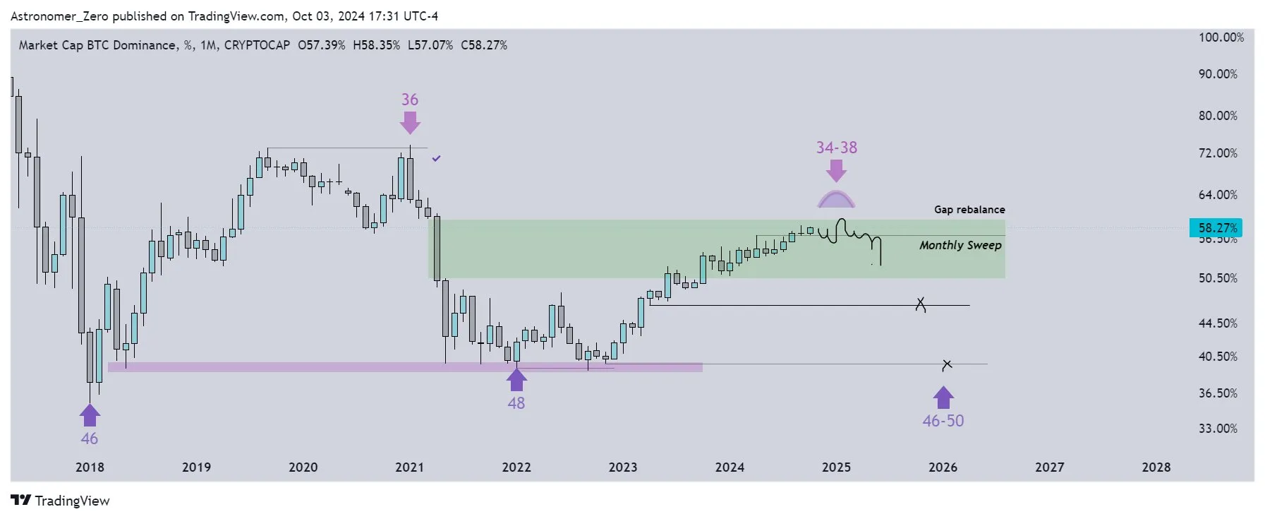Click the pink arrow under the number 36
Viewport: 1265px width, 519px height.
pyautogui.click(x=410, y=123)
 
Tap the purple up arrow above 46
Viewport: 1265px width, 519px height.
pyautogui.click(x=90, y=415)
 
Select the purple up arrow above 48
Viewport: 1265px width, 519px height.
pyautogui.click(x=516, y=380)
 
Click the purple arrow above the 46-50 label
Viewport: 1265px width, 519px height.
pyautogui.click(x=943, y=398)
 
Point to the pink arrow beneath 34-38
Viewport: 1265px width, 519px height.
pyautogui.click(x=836, y=170)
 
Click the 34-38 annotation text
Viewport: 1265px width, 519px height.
pyautogui.click(x=836, y=148)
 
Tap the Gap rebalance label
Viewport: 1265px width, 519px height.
pyautogui.click(x=969, y=210)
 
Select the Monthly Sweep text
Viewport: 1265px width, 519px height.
pyautogui.click(x=960, y=245)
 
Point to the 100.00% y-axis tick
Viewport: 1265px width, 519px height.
pyautogui.click(x=1221, y=37)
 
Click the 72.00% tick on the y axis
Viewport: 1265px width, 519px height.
pyautogui.click(x=1218, y=153)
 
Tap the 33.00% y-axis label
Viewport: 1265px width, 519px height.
pyautogui.click(x=1218, y=429)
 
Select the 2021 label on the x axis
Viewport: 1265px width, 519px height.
pyautogui.click(x=409, y=467)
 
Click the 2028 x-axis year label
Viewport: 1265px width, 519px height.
pyautogui.click(x=1156, y=467)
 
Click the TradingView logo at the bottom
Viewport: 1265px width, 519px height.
pyautogui.click(x=61, y=501)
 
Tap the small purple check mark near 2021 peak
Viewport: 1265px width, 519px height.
pyautogui.click(x=436, y=159)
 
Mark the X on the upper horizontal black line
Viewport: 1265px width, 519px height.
pyautogui.click(x=920, y=304)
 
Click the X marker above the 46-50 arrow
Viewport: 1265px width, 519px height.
pyautogui.click(x=947, y=364)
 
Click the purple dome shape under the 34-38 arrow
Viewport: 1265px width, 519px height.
pyautogui.click(x=836, y=200)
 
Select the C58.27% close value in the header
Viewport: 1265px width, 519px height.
pyautogui.click(x=483, y=45)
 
